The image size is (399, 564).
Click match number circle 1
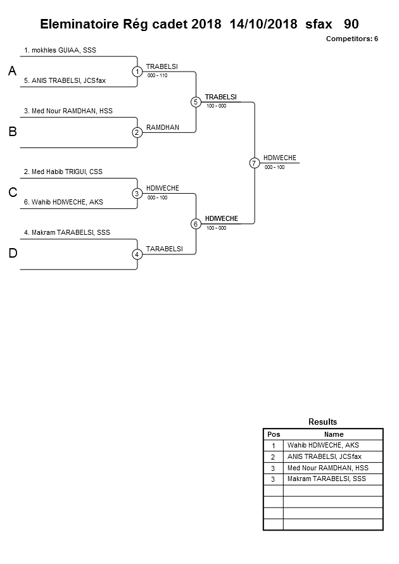click(x=137, y=72)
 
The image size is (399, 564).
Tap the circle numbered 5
click(x=196, y=102)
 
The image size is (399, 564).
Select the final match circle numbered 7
click(x=254, y=163)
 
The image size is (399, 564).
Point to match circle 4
click(x=137, y=254)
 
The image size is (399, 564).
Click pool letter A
click(x=12, y=72)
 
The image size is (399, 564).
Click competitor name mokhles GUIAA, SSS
click(x=60, y=49)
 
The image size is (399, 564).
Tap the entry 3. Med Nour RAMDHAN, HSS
click(x=68, y=111)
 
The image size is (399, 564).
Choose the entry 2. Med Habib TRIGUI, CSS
click(x=63, y=172)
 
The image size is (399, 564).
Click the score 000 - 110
click(x=157, y=75)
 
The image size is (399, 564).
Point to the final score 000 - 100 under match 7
click(x=274, y=167)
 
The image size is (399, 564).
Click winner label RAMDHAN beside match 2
click(x=163, y=127)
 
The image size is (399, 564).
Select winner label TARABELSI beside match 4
click(x=164, y=249)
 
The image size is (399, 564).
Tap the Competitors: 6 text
click(x=351, y=39)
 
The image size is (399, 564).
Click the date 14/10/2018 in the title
click(x=263, y=24)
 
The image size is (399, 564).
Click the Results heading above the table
click(x=322, y=422)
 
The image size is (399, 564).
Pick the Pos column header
click(x=273, y=434)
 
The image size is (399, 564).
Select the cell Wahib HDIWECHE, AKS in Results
click(x=323, y=446)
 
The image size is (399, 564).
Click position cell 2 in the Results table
click(x=273, y=457)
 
